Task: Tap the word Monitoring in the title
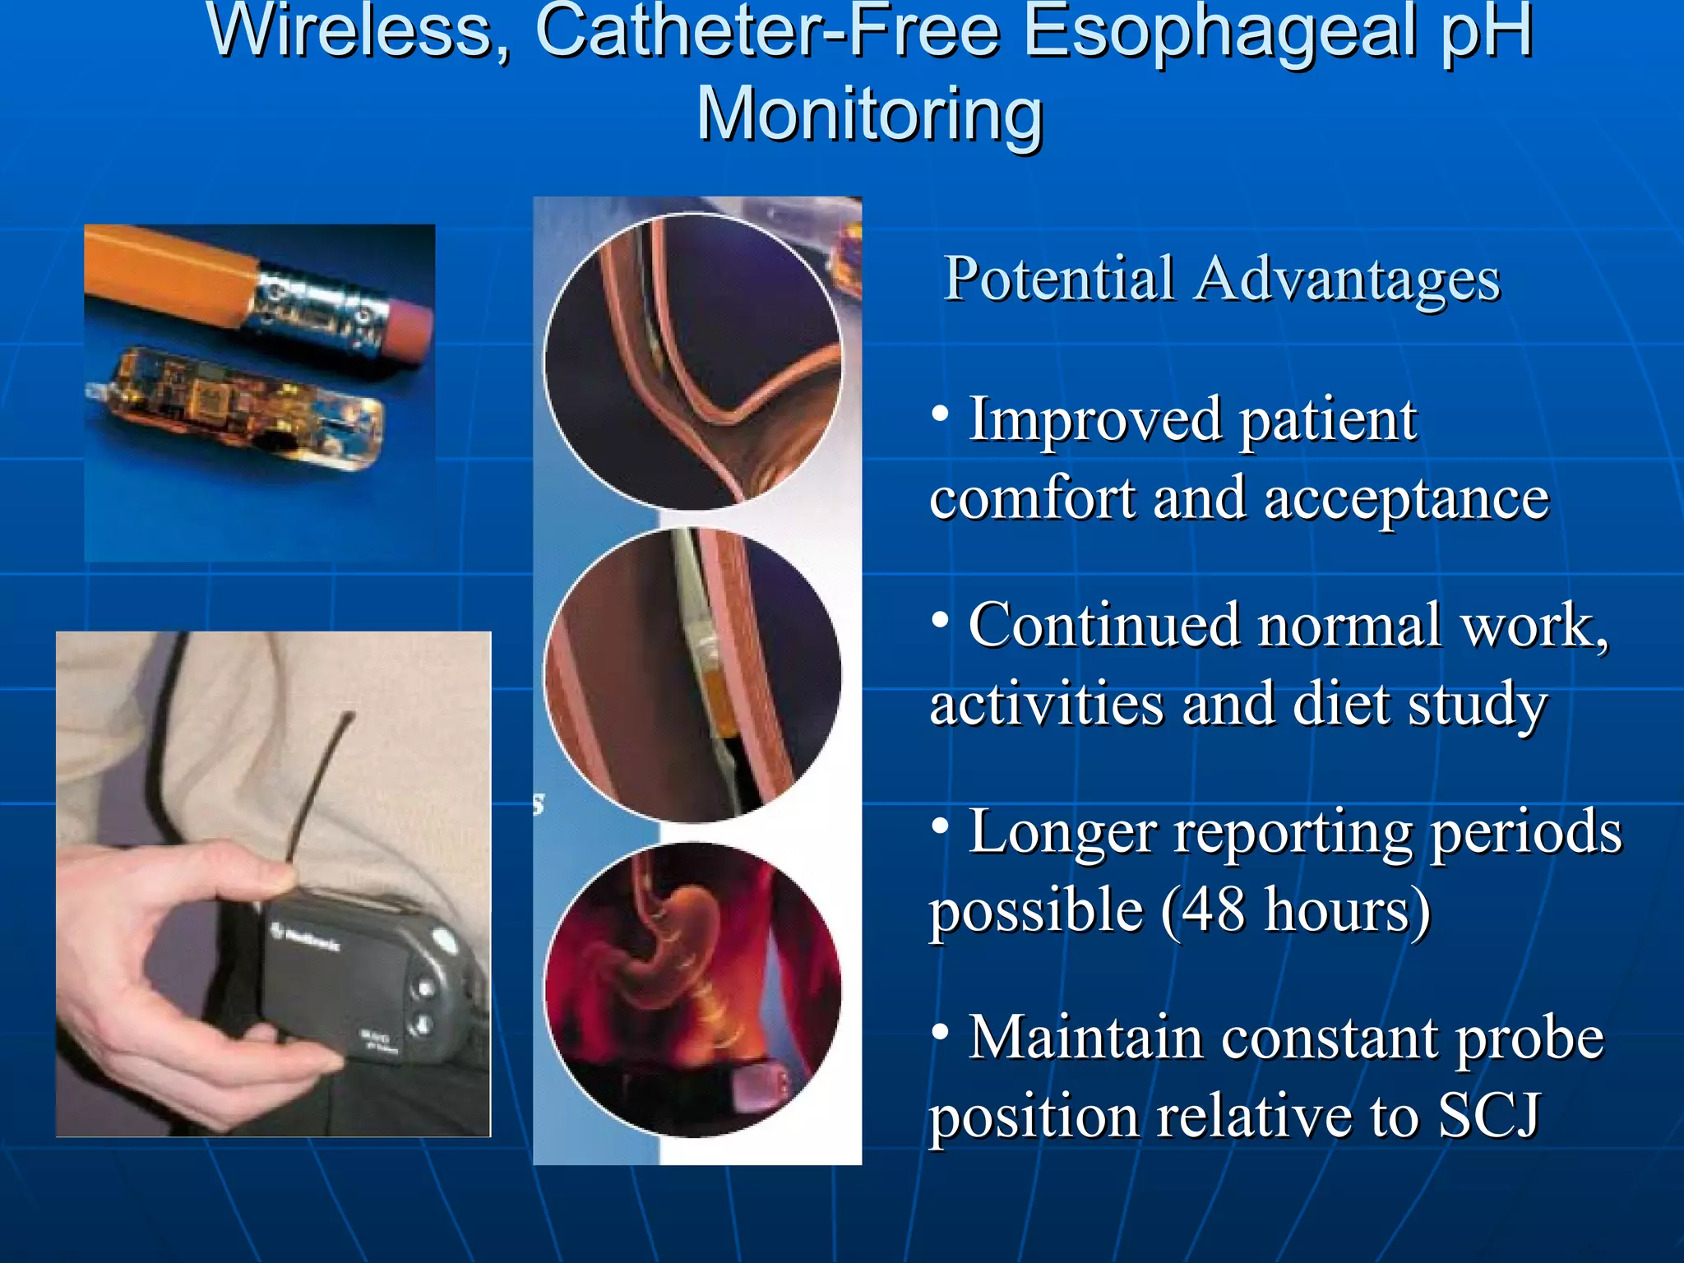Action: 870,115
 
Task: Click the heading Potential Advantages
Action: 1222,280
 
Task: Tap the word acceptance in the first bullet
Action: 1406,499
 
